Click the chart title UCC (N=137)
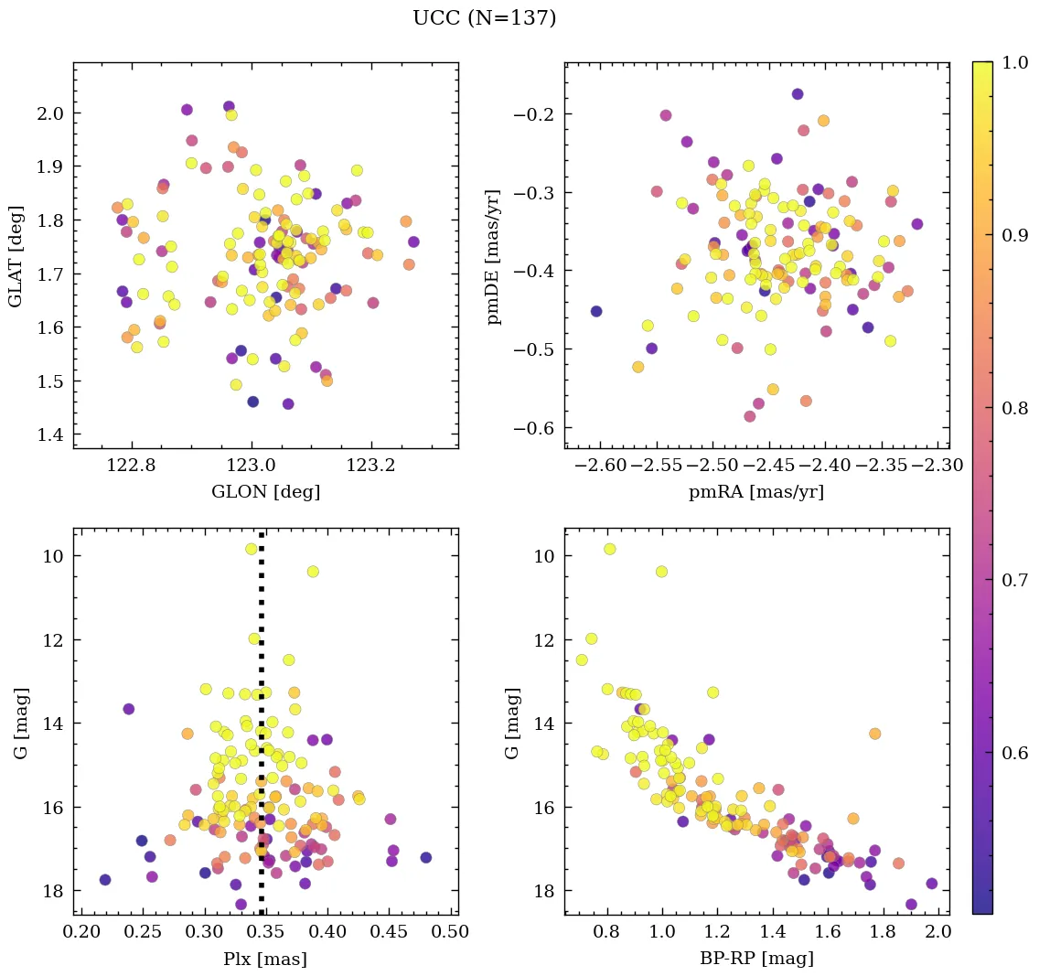click(484, 18)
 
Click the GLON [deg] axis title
click(265, 491)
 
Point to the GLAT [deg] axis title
click(16, 255)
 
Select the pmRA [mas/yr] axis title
click(755, 491)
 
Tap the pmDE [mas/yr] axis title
click(495, 255)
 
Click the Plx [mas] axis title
click(265, 959)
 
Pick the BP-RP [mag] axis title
click(755, 959)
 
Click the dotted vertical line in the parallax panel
click(262, 732)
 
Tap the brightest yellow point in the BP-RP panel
click(609, 549)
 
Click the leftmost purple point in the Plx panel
click(105, 880)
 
